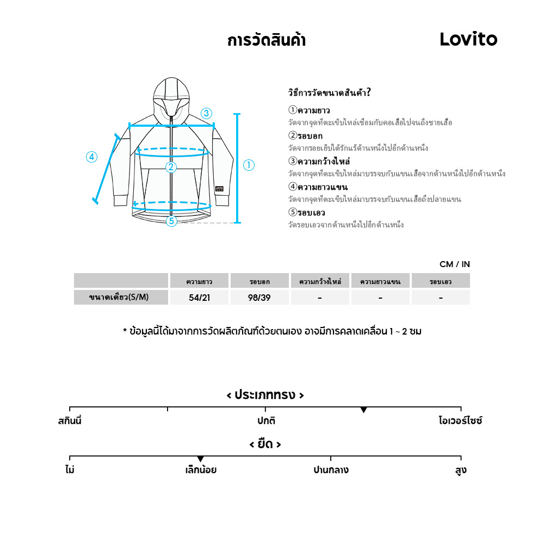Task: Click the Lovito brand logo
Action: [x=468, y=39]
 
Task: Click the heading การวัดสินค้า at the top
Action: [x=266, y=41]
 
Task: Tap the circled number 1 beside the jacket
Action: [x=249, y=165]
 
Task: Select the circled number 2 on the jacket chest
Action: [x=171, y=167]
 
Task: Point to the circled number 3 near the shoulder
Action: [x=206, y=114]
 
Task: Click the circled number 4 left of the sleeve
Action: [x=91, y=157]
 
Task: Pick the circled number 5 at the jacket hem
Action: [x=171, y=221]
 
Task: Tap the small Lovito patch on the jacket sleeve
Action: [x=219, y=190]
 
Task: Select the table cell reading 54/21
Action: [x=199, y=298]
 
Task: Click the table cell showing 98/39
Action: [x=259, y=298]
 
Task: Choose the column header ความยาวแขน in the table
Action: [x=380, y=281]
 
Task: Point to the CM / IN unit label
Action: [x=455, y=264]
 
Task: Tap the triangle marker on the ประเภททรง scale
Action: [x=363, y=410]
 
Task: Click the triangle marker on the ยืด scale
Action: [x=200, y=460]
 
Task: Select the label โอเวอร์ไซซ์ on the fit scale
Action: [x=460, y=421]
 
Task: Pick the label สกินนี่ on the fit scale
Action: [x=70, y=421]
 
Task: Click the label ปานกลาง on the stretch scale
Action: [x=331, y=470]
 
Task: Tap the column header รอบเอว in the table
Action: [x=441, y=281]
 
